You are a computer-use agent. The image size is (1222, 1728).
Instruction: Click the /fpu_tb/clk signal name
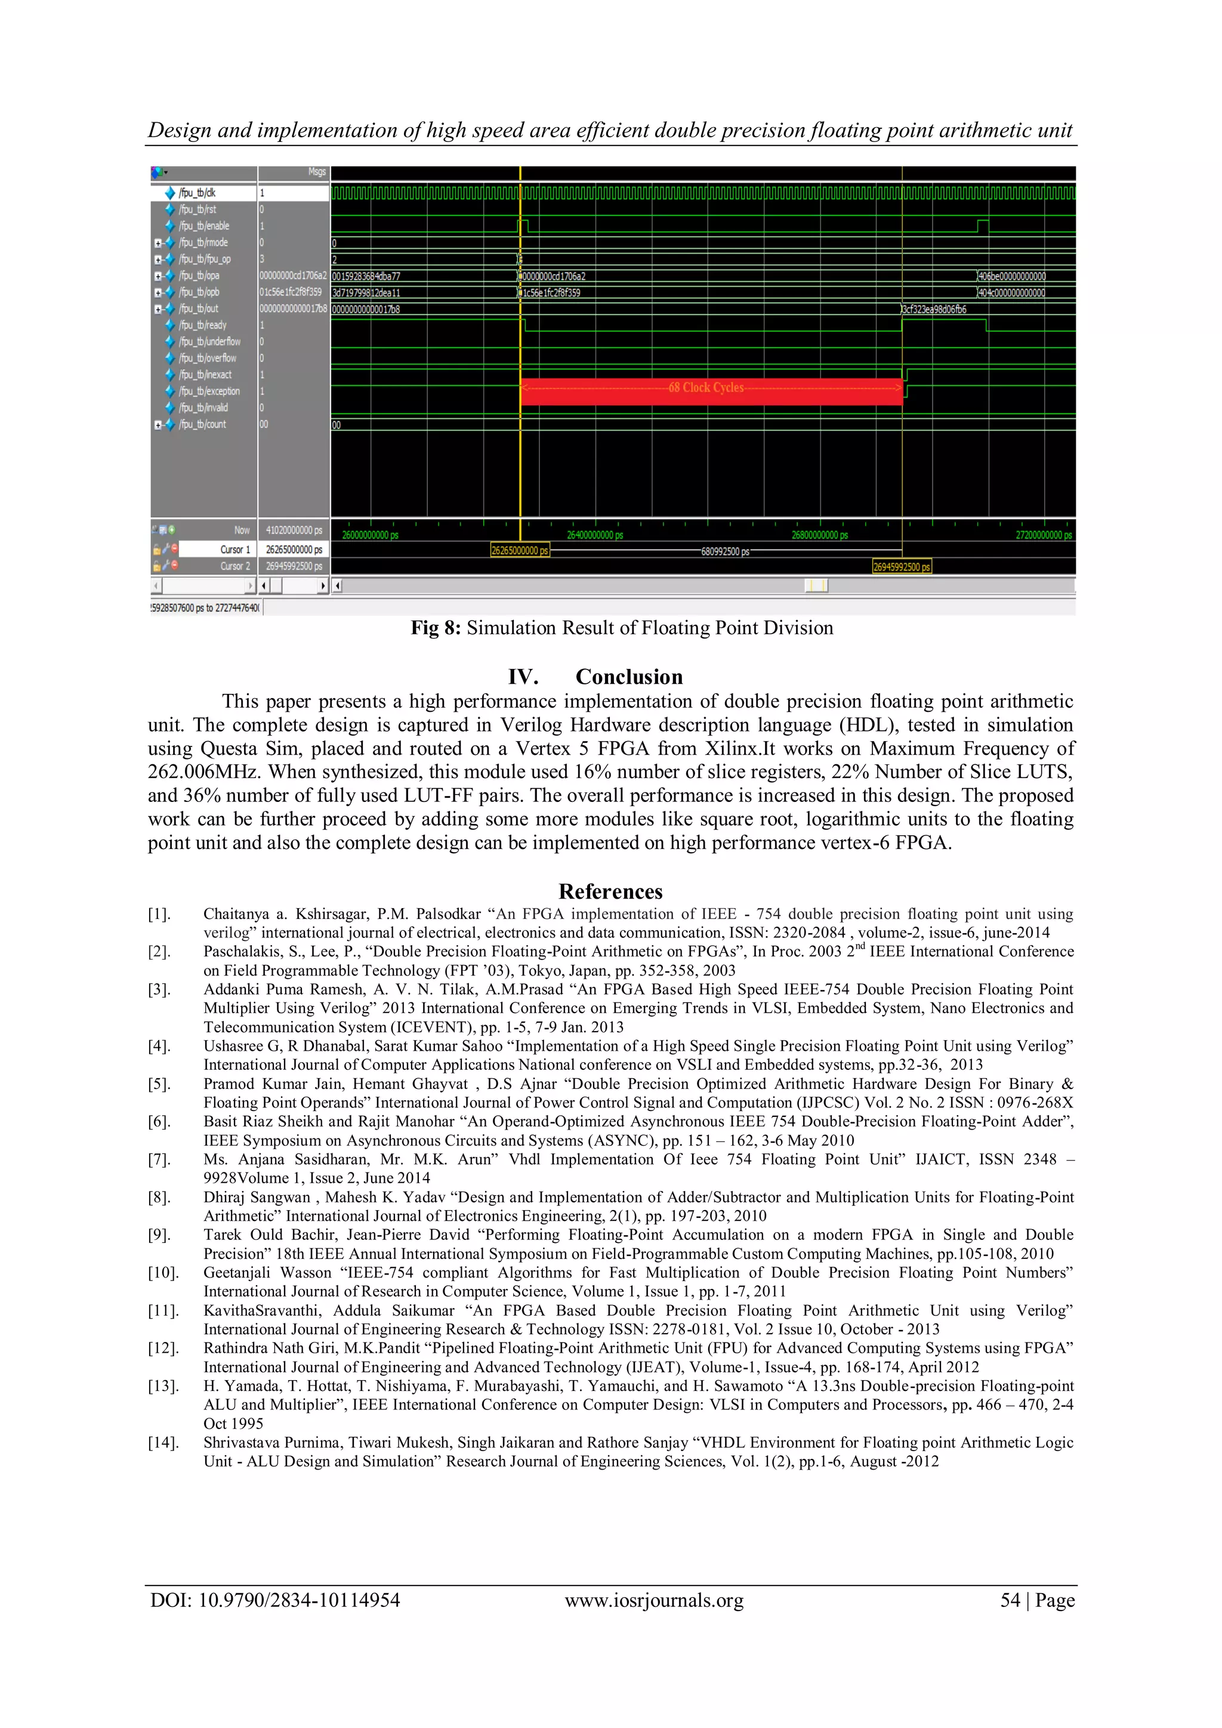coord(197,193)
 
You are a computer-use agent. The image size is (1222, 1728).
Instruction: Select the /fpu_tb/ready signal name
coord(202,325)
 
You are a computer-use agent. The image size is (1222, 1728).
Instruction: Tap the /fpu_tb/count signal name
coord(202,424)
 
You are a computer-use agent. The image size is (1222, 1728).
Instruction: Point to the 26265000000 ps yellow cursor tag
coord(519,551)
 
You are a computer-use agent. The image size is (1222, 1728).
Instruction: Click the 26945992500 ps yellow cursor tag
coord(902,567)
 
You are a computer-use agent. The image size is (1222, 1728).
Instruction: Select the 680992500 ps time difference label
coord(724,552)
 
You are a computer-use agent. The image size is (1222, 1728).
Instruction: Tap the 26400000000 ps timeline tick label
coord(594,535)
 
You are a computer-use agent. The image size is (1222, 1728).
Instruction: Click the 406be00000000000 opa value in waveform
coord(1012,276)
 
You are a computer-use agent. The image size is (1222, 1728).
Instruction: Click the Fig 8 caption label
coord(435,628)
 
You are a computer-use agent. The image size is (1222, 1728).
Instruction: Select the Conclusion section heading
coord(629,677)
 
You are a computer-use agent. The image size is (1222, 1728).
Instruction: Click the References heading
coord(610,892)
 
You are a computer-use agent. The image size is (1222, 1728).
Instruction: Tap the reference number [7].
coord(159,1160)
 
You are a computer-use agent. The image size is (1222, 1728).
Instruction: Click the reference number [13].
coord(162,1386)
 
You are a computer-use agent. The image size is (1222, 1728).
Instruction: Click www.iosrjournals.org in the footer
coord(654,1600)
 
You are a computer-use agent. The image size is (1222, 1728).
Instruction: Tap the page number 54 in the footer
coord(1010,1600)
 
